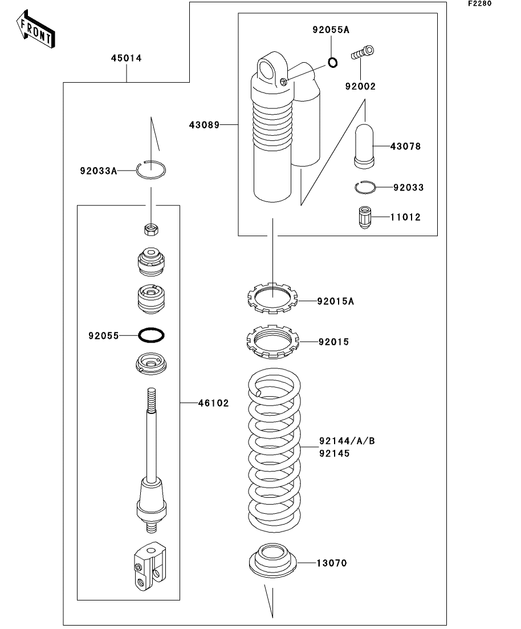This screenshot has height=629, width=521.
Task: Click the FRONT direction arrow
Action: [x=35, y=29]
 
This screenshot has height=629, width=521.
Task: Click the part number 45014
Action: [x=127, y=58]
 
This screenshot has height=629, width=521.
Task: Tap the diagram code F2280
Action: [x=480, y=3]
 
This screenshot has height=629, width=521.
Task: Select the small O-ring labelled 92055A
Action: [x=332, y=62]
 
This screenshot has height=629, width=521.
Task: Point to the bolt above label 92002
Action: [x=363, y=52]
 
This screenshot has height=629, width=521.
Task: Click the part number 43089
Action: [x=205, y=125]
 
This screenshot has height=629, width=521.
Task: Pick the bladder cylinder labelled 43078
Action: [x=364, y=145]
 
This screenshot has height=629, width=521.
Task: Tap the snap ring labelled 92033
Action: [x=365, y=187]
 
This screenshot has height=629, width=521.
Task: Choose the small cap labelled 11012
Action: [x=364, y=217]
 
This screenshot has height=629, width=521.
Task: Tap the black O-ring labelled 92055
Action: [x=151, y=335]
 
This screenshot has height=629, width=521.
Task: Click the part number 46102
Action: [x=213, y=403]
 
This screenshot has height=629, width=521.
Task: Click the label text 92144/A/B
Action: [x=347, y=441]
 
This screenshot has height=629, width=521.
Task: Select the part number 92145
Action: [x=335, y=453]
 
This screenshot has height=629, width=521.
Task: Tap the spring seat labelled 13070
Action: [x=273, y=561]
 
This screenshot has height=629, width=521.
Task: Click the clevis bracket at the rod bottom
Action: [x=149, y=566]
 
